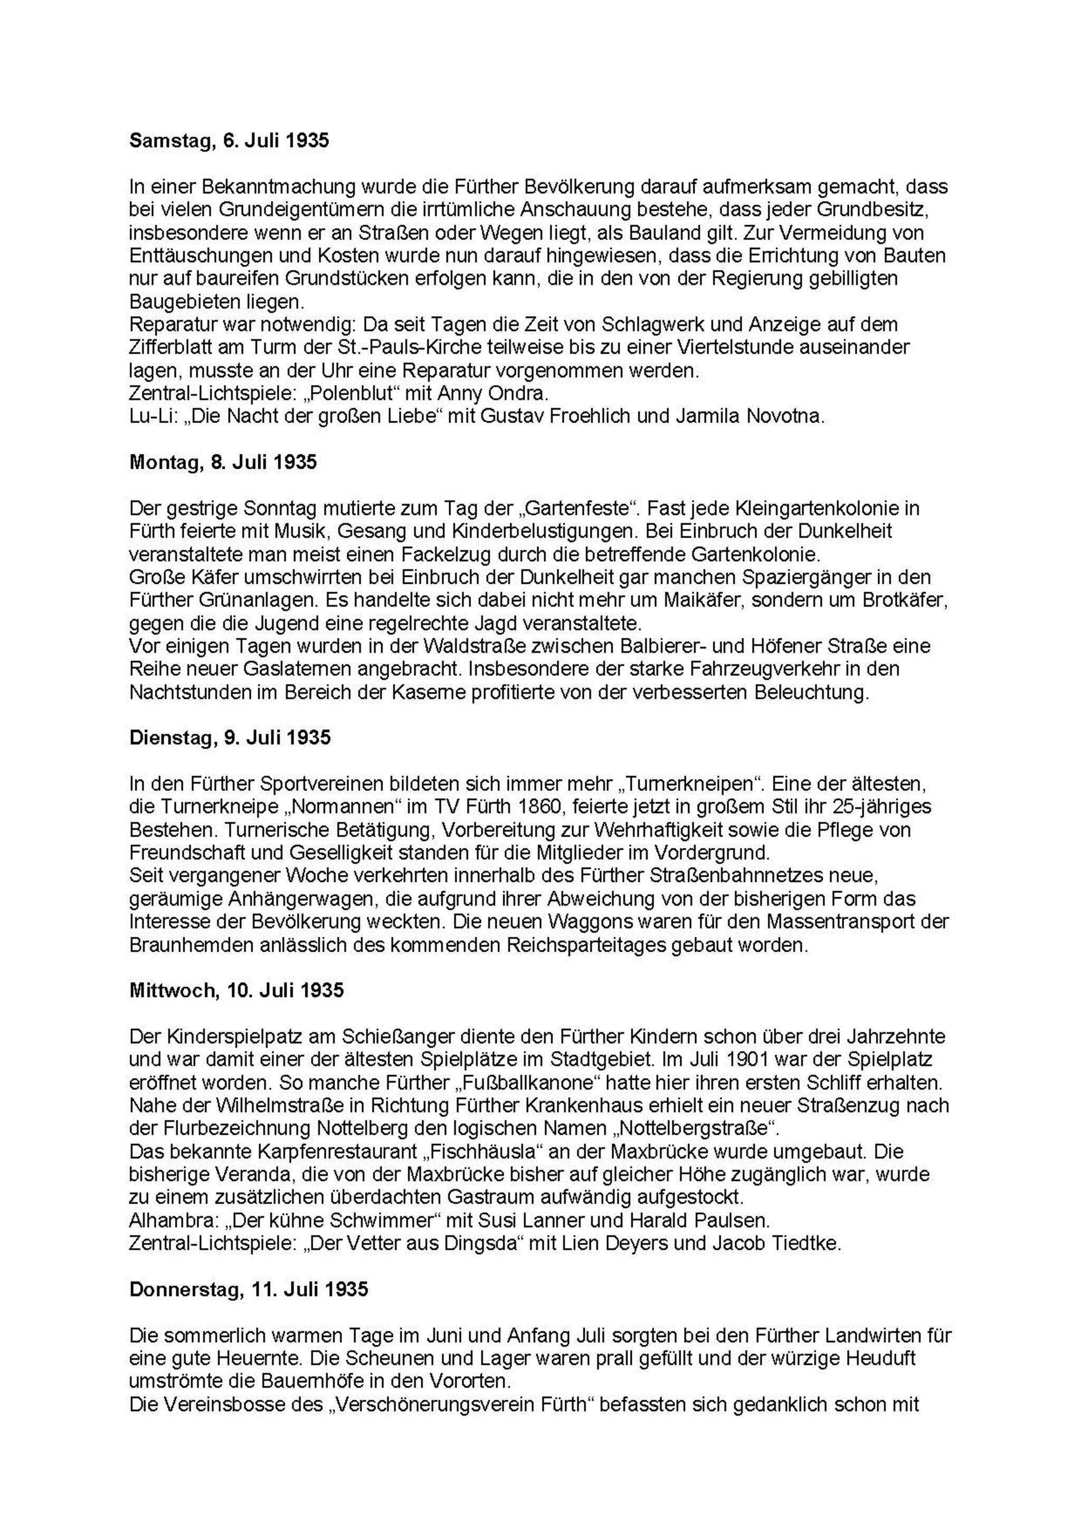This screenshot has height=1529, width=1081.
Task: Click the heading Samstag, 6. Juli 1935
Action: click(229, 141)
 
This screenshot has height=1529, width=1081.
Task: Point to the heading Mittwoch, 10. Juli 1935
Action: click(236, 990)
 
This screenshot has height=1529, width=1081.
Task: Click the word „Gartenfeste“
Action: click(576, 509)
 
